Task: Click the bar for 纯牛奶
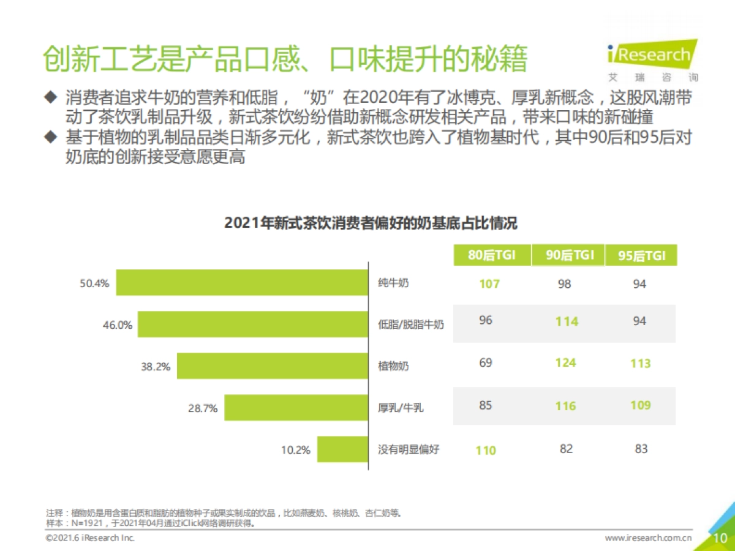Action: click(242, 282)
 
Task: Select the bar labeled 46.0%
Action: click(252, 324)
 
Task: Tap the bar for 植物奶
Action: click(273, 366)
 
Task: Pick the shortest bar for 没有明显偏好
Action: click(342, 450)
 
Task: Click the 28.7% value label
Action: click(203, 408)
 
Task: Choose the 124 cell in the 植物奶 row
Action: click(565, 362)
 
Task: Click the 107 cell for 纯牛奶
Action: click(489, 284)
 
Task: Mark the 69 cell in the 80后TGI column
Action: click(486, 362)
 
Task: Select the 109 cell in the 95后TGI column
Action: click(640, 405)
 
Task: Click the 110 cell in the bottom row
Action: click(486, 451)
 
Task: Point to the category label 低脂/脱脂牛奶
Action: click(410, 324)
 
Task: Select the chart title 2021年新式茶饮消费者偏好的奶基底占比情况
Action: click(371, 223)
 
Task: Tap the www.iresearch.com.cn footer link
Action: click(648, 538)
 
